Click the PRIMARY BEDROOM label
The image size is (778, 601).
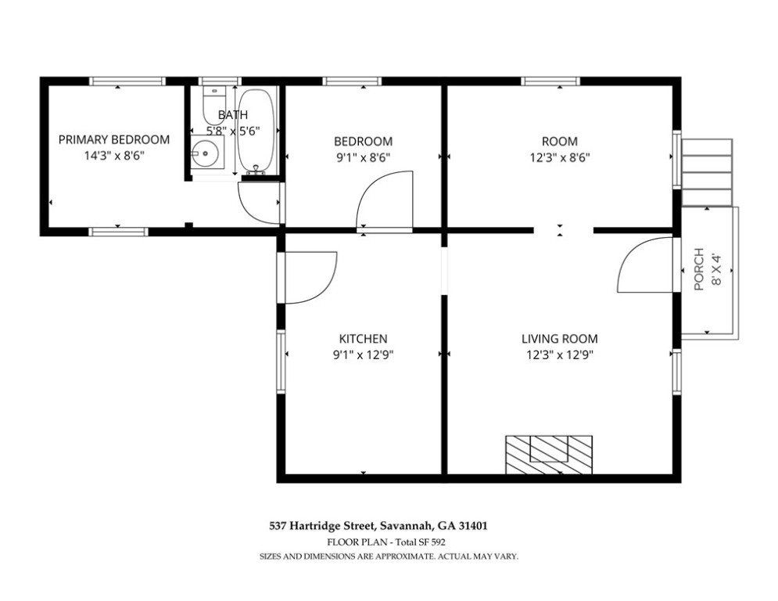coord(114,139)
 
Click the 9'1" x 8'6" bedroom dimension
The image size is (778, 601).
coord(364,157)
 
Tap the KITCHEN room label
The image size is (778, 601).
coord(363,339)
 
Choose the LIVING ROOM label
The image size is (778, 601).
coord(560,339)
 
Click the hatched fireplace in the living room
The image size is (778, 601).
coord(549,455)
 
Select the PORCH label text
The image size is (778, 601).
coord(699,268)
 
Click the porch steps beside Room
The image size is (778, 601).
coord(707,172)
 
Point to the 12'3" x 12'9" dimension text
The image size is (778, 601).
coord(560,355)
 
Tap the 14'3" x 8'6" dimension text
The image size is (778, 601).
coord(114,156)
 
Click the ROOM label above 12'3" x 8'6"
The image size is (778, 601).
coord(560,141)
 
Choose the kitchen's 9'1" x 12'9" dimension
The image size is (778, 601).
coord(364,355)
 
